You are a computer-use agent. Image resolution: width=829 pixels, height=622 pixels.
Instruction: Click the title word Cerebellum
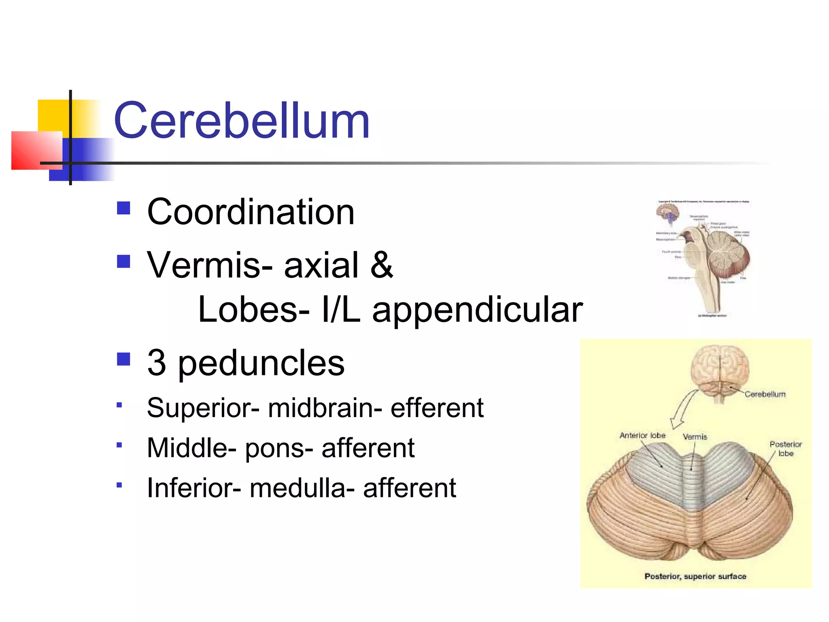(x=242, y=121)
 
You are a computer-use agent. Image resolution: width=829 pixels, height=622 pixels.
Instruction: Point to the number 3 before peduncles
(x=157, y=362)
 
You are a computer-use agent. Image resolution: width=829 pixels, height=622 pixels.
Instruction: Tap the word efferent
(x=437, y=407)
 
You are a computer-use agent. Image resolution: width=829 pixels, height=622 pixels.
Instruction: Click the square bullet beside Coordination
(x=123, y=208)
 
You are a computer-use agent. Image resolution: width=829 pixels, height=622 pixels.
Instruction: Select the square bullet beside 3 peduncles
(x=123, y=359)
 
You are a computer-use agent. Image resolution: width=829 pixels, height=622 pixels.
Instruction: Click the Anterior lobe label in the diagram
(x=642, y=435)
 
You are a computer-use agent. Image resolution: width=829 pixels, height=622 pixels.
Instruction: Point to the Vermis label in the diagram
(x=695, y=437)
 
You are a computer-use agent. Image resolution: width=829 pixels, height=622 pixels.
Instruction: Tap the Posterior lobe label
(x=785, y=449)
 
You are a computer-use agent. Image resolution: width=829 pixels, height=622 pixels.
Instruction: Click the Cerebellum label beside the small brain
(x=765, y=394)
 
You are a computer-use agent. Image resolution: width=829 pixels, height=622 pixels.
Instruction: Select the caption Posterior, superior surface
(x=695, y=576)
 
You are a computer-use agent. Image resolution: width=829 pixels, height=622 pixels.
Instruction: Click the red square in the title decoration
(x=37, y=150)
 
